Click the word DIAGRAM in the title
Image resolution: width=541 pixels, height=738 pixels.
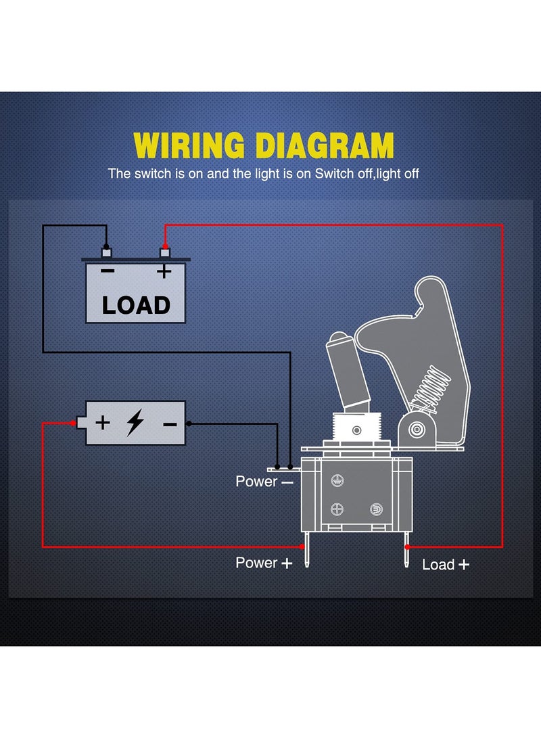click(324, 145)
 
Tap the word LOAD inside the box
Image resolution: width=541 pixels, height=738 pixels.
click(136, 305)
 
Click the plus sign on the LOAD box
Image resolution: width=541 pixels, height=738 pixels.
click(163, 272)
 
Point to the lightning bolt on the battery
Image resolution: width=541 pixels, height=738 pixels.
click(135, 423)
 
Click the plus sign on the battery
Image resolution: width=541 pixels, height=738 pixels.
click(102, 423)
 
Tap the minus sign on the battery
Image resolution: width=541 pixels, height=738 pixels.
click(170, 424)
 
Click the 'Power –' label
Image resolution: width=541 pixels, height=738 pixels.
click(264, 482)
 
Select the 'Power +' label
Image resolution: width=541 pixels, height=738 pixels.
click(264, 563)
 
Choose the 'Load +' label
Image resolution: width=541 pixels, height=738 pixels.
click(445, 564)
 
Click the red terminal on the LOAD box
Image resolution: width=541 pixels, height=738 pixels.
click(164, 252)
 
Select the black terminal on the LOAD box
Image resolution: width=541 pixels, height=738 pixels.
click(105, 252)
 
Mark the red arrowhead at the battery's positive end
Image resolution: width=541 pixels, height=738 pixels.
click(72, 423)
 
